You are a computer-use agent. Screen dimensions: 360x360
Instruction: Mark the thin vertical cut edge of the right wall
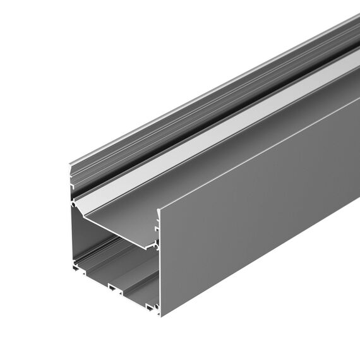pyautogui.click(x=158, y=265)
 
